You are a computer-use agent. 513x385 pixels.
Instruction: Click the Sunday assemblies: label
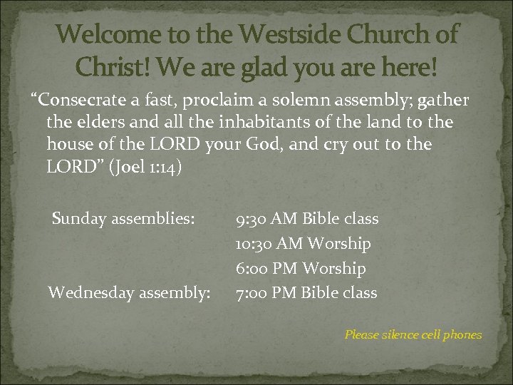[123, 218]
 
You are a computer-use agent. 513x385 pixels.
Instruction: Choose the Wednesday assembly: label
[129, 292]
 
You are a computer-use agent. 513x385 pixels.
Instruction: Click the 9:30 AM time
[266, 218]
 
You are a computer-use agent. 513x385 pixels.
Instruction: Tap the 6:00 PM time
[268, 269]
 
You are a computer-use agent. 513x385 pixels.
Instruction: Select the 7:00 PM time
[266, 292]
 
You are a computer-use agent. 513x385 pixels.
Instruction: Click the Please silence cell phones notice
[413, 334]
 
